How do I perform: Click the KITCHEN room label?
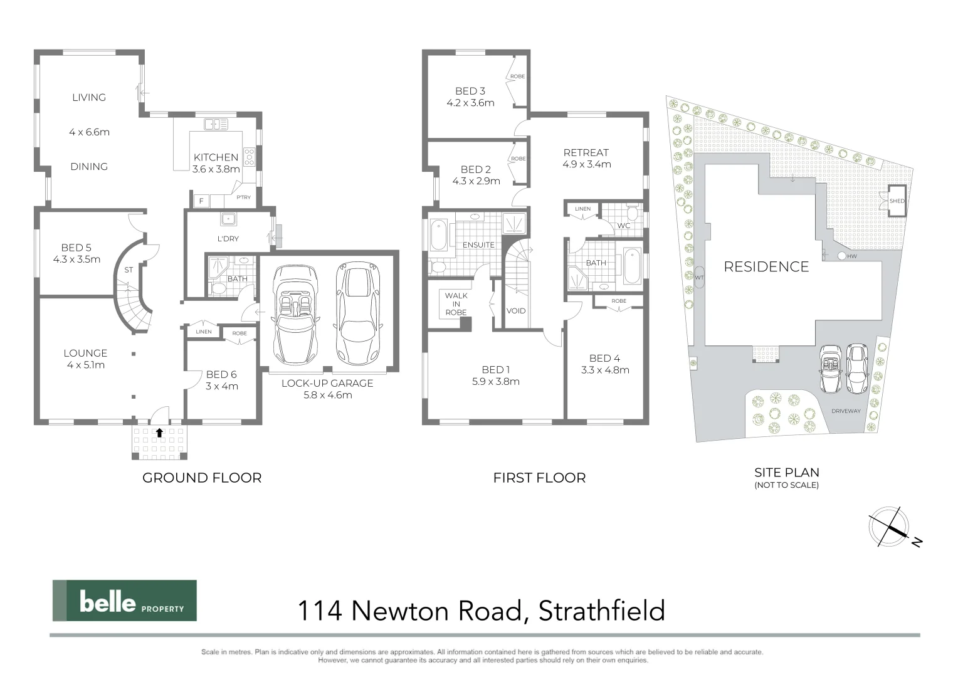click(x=216, y=157)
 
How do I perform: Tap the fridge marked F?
click(x=201, y=201)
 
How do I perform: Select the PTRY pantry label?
click(x=243, y=197)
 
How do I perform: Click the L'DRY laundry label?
click(x=228, y=239)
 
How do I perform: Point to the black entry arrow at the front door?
click(x=159, y=433)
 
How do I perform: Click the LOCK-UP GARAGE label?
click(x=327, y=383)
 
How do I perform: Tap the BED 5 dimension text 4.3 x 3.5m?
click(x=76, y=259)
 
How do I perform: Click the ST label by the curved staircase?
click(x=129, y=270)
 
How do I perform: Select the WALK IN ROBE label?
click(x=456, y=304)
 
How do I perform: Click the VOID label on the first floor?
click(x=515, y=311)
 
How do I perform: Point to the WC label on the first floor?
click(x=623, y=226)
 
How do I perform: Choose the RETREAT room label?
click(x=586, y=152)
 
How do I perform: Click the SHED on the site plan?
click(x=897, y=201)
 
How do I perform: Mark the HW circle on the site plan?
click(x=841, y=256)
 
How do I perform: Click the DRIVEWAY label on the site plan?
click(x=846, y=411)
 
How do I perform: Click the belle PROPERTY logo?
click(x=124, y=601)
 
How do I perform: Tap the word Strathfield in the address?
click(x=601, y=611)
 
